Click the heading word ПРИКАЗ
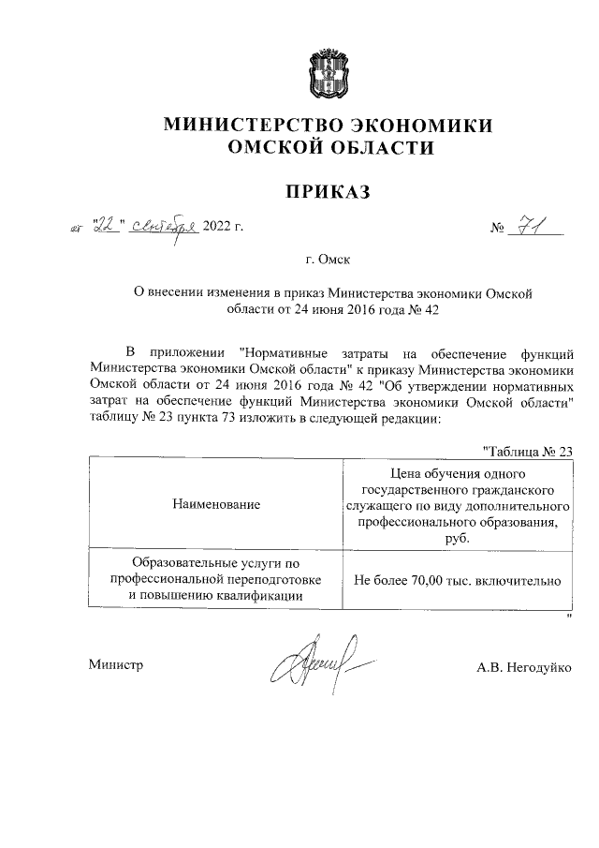(328, 193)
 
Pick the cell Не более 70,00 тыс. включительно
(457, 580)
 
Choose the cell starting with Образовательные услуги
(216, 579)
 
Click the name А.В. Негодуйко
(524, 665)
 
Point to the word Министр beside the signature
(116, 665)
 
